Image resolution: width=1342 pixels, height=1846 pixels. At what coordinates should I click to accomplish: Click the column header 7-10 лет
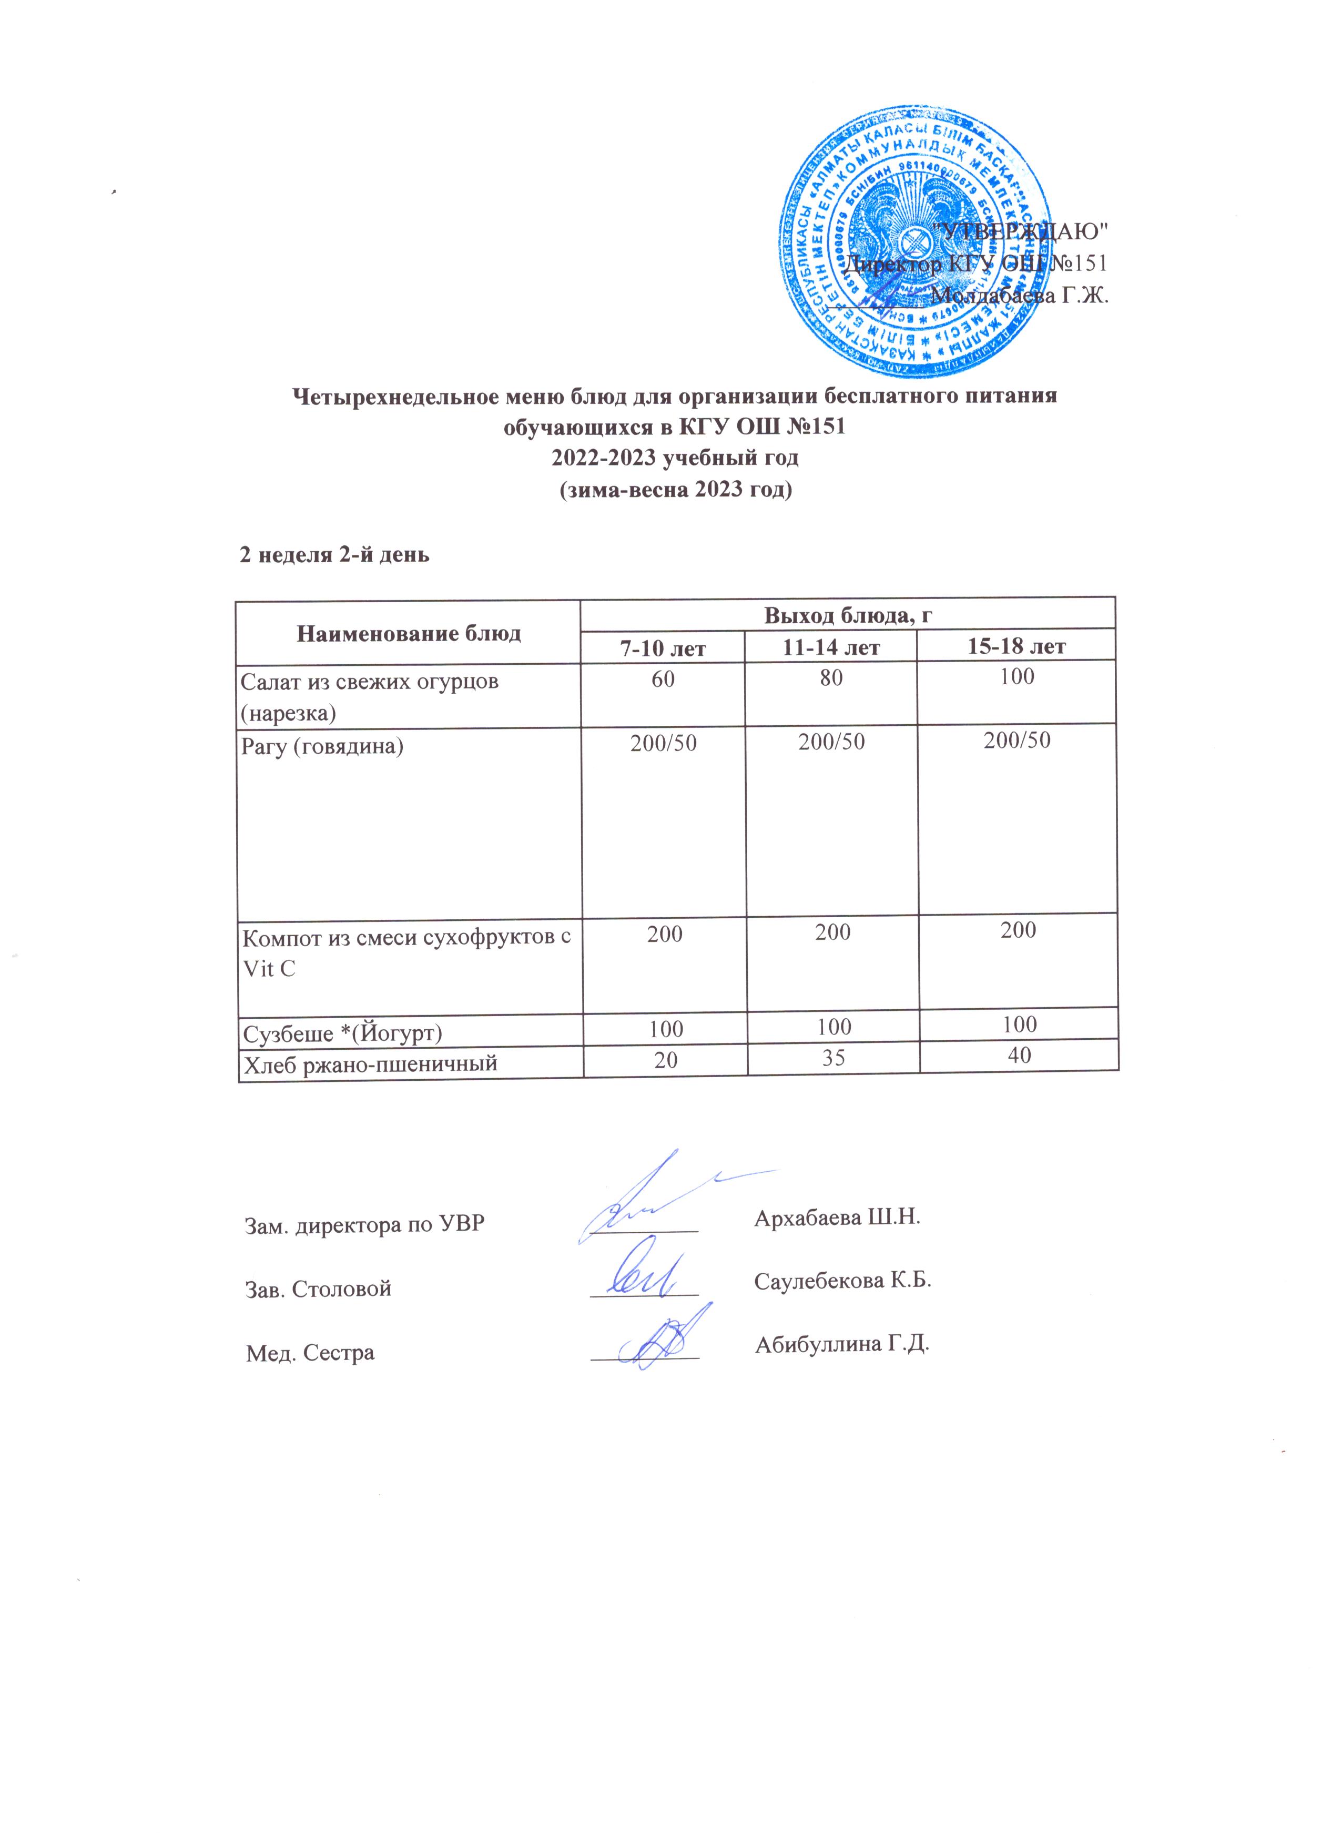coord(663,648)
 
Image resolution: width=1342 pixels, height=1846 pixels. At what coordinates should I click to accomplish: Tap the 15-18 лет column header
coord(1016,646)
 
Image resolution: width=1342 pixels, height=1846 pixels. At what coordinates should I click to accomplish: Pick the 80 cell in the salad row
coord(831,678)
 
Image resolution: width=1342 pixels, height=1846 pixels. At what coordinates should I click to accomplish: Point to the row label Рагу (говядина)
coord(322,746)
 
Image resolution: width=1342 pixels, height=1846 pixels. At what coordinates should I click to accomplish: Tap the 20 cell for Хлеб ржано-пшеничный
coord(666,1059)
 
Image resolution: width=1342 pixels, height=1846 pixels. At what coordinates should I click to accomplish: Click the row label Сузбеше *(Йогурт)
coord(343,1033)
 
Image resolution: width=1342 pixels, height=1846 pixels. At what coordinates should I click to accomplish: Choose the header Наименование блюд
coord(409,633)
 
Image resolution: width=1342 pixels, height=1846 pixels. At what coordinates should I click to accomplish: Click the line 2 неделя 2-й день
coord(334,554)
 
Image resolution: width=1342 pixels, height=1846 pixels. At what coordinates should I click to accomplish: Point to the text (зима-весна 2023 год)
coord(675,490)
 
